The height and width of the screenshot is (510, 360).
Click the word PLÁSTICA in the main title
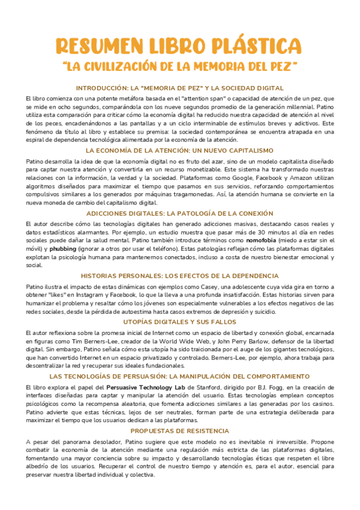pos(255,46)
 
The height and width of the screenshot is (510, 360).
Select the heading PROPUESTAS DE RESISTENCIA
pos(180,431)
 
